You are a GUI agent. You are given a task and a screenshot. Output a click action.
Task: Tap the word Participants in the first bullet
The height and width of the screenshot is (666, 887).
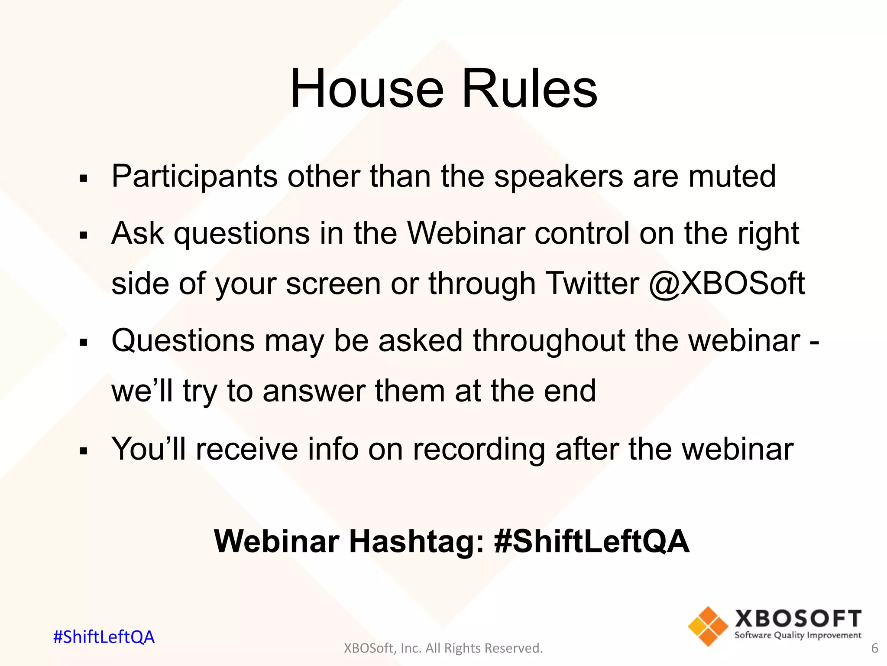pos(194,177)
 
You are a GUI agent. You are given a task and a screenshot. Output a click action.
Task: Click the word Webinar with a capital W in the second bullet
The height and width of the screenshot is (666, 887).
pos(466,233)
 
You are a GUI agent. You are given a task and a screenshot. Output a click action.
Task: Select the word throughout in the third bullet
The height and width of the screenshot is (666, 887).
pos(549,341)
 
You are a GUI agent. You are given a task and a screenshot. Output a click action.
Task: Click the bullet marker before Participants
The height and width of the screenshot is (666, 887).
pos(84,178)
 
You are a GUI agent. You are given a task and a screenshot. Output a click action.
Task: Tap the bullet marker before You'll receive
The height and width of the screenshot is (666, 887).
pos(84,451)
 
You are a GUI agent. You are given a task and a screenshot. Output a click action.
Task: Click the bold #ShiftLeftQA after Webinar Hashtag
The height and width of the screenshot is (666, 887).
pos(591,542)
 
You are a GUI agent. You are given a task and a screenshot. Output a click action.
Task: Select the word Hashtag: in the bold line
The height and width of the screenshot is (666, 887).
pos(416,542)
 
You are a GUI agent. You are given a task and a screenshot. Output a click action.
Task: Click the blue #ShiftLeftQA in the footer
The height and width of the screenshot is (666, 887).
pos(104,637)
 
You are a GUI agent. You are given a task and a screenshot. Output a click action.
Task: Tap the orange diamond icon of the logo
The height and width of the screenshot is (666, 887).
pos(708,626)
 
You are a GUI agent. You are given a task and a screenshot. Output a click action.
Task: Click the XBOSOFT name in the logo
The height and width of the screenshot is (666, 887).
pos(798,619)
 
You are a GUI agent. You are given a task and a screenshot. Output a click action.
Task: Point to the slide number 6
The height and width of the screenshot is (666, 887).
pos(874,648)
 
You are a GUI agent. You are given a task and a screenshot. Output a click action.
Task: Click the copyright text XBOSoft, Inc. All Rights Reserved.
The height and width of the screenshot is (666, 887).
pos(443,648)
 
